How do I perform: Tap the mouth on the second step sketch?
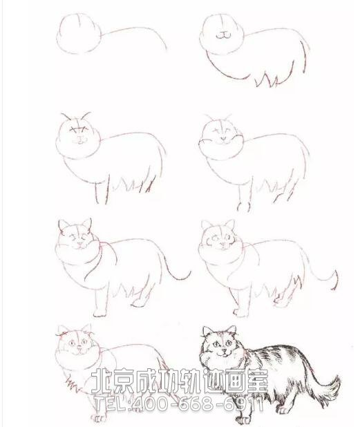(x=221, y=34)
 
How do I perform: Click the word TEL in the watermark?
(x=109, y=401)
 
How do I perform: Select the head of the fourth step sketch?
(x=220, y=135)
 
